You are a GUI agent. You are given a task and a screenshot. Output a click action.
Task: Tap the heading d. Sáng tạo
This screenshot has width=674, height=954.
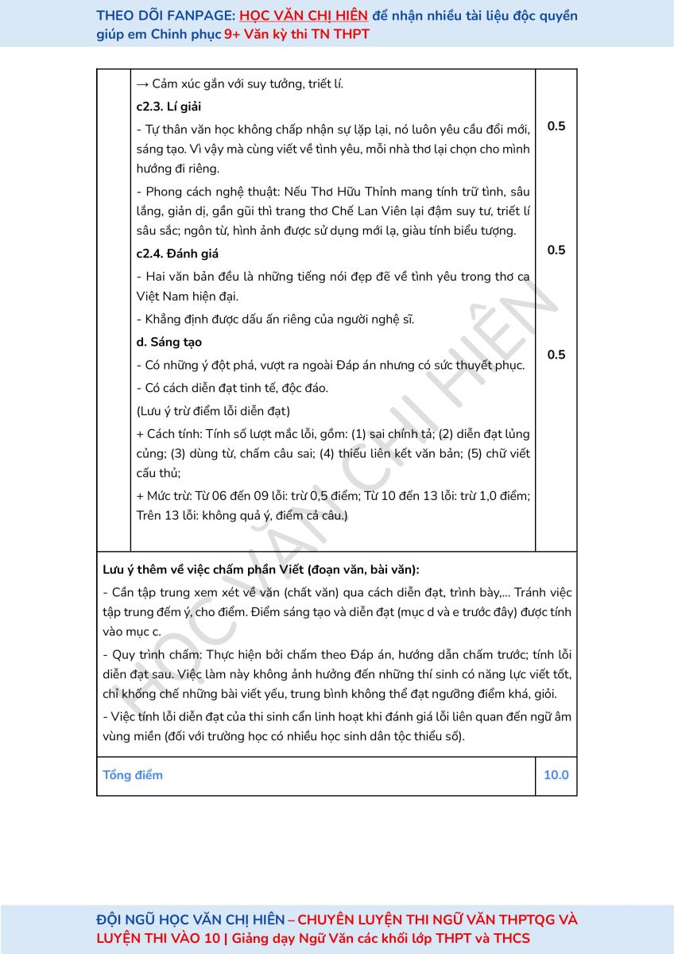pos(168,342)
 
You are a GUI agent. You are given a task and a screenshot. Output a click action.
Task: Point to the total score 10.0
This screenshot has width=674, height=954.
pos(556,775)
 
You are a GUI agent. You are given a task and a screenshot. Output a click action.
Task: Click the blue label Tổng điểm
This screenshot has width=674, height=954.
pos(133,775)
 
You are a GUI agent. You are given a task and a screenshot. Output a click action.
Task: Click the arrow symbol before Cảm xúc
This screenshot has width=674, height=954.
pos(143,83)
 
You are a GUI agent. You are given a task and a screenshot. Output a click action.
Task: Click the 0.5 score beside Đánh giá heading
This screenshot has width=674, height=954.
pos(556,250)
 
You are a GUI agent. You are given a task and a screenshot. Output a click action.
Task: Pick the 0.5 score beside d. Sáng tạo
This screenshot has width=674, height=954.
pos(556,355)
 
